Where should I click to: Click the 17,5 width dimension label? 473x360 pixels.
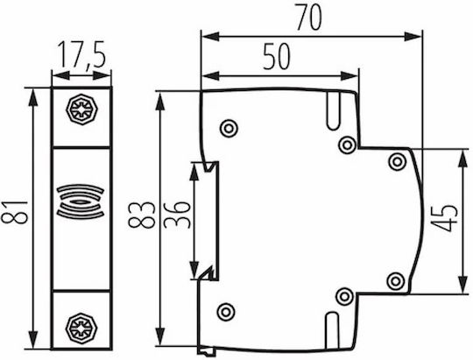click(x=81, y=54)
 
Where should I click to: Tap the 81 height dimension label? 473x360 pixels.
click(x=15, y=212)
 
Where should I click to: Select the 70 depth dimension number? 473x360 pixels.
click(x=309, y=17)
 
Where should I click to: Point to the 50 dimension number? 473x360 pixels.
click(x=276, y=56)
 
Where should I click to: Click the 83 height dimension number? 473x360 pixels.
click(x=142, y=215)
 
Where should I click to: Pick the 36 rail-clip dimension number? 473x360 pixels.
click(x=177, y=215)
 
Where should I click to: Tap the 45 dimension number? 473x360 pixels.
click(x=444, y=218)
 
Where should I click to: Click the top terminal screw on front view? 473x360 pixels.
click(x=81, y=109)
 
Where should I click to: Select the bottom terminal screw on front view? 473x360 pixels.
click(x=81, y=328)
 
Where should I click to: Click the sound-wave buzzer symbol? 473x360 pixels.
click(x=81, y=201)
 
